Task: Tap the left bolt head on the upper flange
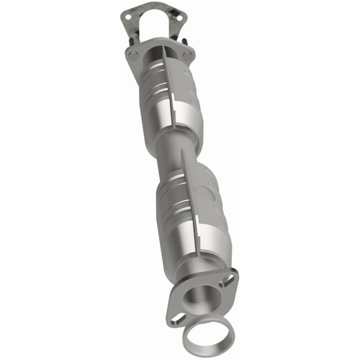pyautogui.click(x=133, y=53)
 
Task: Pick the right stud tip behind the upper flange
pyautogui.click(x=185, y=42)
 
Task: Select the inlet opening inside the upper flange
pyautogui.click(x=160, y=55)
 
